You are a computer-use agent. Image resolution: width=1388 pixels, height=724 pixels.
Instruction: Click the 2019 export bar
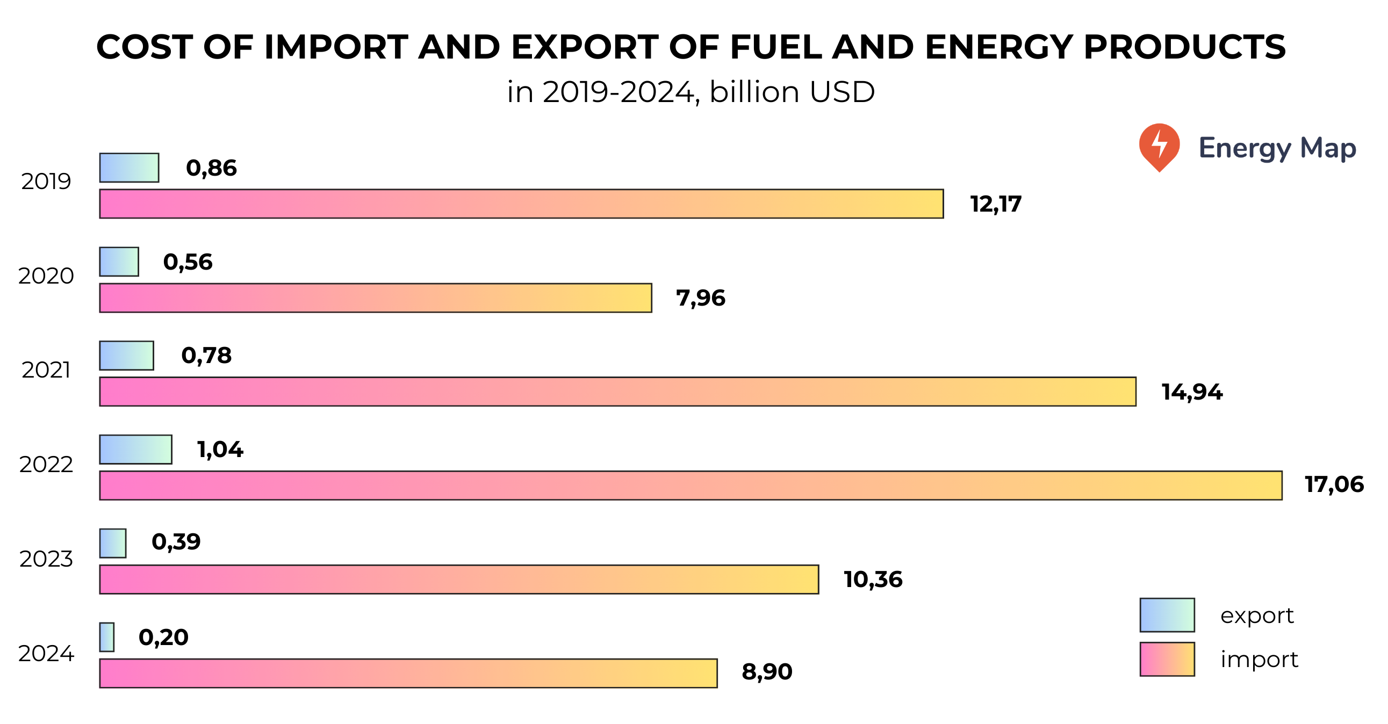click(129, 168)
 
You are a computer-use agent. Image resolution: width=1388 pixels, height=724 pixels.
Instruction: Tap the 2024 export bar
click(107, 637)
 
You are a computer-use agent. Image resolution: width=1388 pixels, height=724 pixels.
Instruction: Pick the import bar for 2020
click(375, 298)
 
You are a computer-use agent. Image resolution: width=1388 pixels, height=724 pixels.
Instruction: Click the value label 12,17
click(995, 204)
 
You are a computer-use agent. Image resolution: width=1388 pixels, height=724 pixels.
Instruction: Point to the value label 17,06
click(1334, 484)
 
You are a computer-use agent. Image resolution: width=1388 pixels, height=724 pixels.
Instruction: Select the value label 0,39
click(176, 541)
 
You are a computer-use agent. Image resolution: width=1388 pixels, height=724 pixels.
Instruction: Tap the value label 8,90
click(766, 672)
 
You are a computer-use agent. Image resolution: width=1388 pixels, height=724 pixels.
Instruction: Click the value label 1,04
click(220, 449)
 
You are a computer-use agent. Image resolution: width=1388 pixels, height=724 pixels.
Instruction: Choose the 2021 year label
click(46, 370)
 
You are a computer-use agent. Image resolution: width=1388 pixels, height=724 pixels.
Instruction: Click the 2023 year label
click(46, 559)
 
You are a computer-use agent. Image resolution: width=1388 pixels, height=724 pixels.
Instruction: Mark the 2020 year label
click(46, 276)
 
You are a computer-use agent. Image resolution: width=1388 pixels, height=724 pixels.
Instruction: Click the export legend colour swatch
click(1167, 614)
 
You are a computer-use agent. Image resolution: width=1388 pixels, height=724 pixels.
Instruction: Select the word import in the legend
click(1258, 660)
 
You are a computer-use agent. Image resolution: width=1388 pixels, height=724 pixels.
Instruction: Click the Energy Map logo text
click(1276, 148)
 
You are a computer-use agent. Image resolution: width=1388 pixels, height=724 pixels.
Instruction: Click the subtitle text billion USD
click(792, 92)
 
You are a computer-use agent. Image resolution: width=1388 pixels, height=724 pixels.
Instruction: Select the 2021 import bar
click(617, 392)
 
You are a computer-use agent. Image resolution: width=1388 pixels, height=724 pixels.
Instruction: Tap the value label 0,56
click(188, 262)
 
